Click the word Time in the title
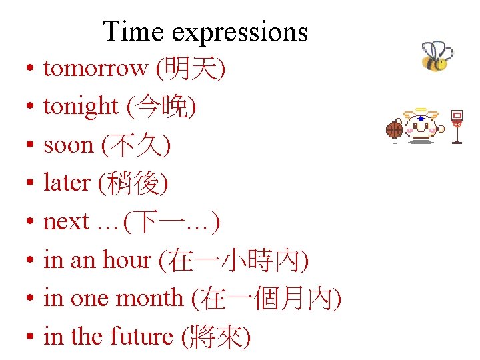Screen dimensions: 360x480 pyautogui.click(x=129, y=31)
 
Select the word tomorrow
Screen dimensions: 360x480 pyautogui.click(x=95, y=68)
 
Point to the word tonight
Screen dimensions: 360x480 pyautogui.click(x=81, y=107)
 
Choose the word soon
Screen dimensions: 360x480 pyautogui.click(x=69, y=145)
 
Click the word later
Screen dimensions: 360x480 pyautogui.click(x=67, y=183)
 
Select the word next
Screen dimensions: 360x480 pyautogui.click(x=66, y=221)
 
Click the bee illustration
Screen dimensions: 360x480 pyautogui.click(x=437, y=57)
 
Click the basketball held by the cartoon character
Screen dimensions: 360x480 pyautogui.click(x=395, y=129)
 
